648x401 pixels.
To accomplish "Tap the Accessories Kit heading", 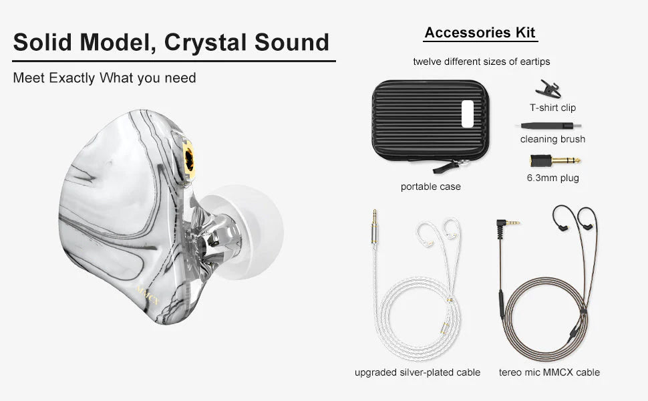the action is [x=480, y=32].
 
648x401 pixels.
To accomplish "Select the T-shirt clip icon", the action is [x=548, y=89].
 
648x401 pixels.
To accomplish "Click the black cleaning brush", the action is [x=546, y=126].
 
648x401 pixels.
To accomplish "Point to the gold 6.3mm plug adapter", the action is [x=555, y=160].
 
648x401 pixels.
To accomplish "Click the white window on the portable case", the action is [x=468, y=114].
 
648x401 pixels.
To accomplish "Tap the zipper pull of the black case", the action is [x=446, y=168].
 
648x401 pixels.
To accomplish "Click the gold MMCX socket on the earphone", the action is [x=189, y=159].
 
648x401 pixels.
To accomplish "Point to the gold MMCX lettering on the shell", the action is [x=148, y=294].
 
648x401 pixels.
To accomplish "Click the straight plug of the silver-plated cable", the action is [x=374, y=227].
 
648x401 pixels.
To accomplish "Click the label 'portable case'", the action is [x=431, y=186].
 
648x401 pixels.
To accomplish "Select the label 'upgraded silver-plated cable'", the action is [x=418, y=372].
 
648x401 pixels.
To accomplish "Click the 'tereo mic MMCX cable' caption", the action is [x=549, y=372].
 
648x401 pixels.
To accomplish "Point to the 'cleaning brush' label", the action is [x=552, y=139].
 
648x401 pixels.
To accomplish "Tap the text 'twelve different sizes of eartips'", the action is [x=482, y=61].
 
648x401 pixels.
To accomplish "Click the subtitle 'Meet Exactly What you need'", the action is [x=105, y=78].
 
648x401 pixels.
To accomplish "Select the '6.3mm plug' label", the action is [x=553, y=178].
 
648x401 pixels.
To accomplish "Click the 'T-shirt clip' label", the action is [x=553, y=108].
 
